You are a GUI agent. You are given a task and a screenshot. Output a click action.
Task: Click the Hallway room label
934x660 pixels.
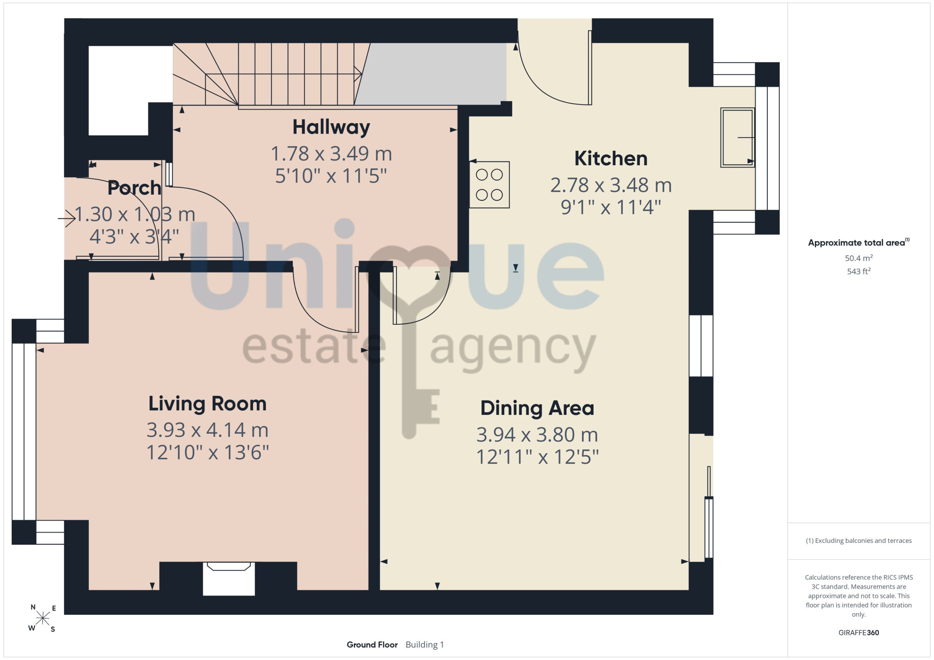click(x=331, y=127)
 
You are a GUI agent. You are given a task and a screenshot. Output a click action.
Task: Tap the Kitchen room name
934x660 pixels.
click(x=611, y=159)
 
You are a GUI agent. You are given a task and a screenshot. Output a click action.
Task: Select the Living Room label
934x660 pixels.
click(x=207, y=404)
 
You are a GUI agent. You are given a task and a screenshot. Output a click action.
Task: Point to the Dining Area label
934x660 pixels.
click(x=537, y=408)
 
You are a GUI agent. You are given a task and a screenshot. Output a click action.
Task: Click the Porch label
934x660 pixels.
click(x=134, y=188)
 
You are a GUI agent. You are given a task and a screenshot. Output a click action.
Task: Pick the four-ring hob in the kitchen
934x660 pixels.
click(x=489, y=185)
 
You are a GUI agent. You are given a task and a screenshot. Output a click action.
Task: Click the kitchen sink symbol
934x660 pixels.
click(x=737, y=138)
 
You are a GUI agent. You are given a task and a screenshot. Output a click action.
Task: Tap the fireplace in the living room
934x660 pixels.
click(x=229, y=579)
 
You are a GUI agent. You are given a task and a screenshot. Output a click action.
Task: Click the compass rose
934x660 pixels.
click(x=43, y=618)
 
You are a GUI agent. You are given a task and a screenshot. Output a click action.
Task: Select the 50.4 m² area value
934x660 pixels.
click(x=859, y=258)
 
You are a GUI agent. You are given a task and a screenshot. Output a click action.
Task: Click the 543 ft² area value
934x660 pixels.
click(x=859, y=271)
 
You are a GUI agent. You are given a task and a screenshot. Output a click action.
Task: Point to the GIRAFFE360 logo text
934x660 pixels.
click(x=859, y=633)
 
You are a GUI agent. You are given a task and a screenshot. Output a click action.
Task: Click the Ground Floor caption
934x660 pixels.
click(x=372, y=645)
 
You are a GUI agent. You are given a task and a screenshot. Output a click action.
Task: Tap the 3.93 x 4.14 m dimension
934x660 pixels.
click(x=207, y=430)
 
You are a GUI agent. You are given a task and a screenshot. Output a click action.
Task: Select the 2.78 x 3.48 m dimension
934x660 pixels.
click(x=611, y=185)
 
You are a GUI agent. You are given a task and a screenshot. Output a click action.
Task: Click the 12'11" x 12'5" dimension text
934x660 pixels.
click(x=537, y=457)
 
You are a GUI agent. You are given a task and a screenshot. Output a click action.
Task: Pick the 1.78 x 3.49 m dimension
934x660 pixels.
click(x=331, y=154)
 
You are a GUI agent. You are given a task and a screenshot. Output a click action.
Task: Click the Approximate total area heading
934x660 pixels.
click(x=859, y=242)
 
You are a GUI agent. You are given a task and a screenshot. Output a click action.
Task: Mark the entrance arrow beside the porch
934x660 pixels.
click(x=67, y=218)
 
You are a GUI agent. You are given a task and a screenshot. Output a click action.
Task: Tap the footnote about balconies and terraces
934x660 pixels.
click(x=859, y=541)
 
